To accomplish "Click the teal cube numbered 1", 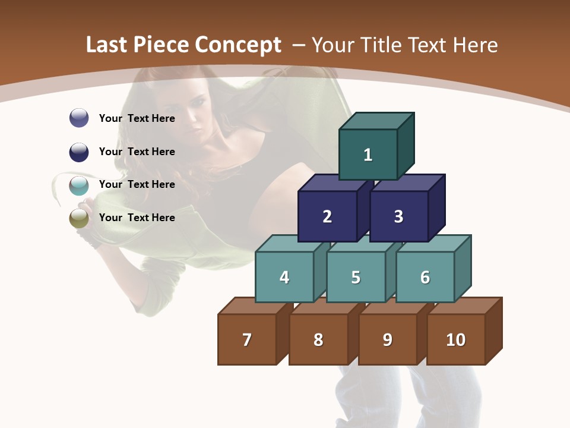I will (368, 155).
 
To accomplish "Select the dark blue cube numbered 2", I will (327, 216).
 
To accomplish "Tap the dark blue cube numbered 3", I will (398, 216).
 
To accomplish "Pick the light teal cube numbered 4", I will (284, 277).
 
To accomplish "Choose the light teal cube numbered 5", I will (356, 277).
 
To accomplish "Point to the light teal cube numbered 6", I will (425, 277).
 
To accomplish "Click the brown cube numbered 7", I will (247, 339).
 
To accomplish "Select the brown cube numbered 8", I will (318, 339).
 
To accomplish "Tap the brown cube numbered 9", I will (387, 339).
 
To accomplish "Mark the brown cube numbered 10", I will (456, 339).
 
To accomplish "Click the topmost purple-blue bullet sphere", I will (79, 118).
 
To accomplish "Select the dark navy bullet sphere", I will (79, 152).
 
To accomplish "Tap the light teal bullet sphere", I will (79, 185).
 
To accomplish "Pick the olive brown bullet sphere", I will (79, 218).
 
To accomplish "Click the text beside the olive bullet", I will (137, 218).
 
